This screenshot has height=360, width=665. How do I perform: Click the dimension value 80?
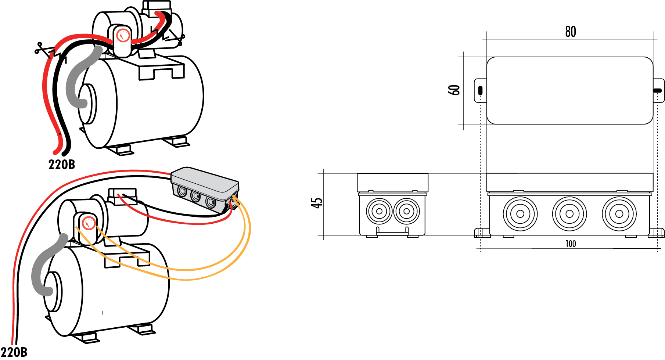[x=570, y=32]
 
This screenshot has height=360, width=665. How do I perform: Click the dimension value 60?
[x=454, y=90]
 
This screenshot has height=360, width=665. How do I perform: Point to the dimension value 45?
[x=317, y=203]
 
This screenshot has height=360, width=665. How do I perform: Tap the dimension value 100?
[x=570, y=244]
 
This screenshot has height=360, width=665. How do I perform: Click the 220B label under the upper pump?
[x=61, y=164]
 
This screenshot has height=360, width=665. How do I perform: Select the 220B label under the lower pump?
[x=14, y=352]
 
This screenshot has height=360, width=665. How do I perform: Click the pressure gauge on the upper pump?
[x=123, y=36]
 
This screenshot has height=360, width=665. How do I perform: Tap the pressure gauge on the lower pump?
[x=88, y=223]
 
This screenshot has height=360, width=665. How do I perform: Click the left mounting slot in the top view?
[x=480, y=90]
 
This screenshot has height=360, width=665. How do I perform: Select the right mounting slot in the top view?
[x=658, y=90]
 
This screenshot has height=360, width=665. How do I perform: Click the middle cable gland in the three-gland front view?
[x=569, y=214]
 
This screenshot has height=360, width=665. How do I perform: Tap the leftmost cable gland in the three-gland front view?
[x=520, y=214]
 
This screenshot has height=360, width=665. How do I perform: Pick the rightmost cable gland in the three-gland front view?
[x=619, y=214]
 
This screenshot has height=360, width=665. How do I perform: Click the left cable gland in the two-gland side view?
[x=379, y=211]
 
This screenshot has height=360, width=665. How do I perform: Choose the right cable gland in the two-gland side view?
[x=406, y=211]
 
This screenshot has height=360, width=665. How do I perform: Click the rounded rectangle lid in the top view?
[x=569, y=90]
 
